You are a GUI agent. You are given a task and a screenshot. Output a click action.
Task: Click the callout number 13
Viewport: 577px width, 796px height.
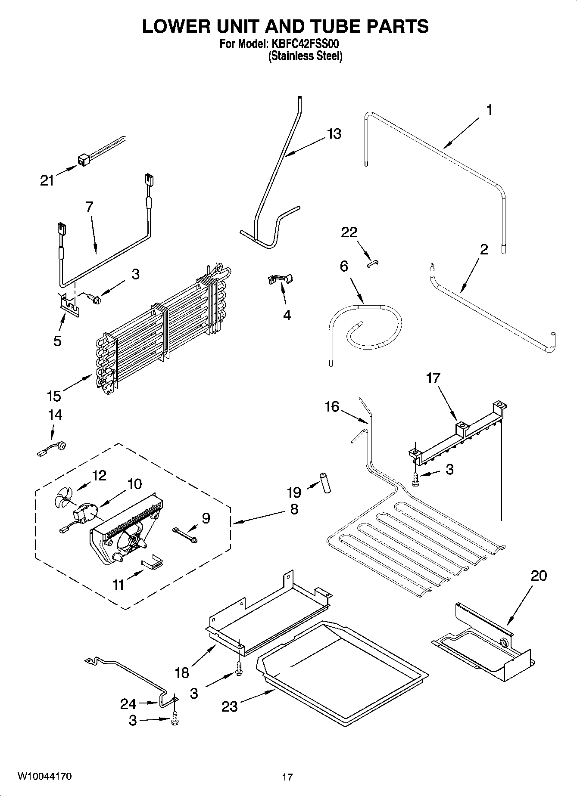click(334, 134)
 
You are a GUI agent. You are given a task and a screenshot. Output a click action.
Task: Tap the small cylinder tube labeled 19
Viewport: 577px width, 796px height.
click(325, 483)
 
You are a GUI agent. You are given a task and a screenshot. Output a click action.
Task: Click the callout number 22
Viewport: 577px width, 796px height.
click(349, 232)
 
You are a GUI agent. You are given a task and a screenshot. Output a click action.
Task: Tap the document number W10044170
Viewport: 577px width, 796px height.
click(44, 777)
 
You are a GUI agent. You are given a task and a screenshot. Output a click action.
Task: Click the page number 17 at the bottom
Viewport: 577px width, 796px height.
click(287, 777)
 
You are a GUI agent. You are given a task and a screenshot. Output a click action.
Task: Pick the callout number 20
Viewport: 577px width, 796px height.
click(538, 576)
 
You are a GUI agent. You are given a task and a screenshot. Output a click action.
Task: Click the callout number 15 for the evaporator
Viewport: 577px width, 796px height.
click(54, 395)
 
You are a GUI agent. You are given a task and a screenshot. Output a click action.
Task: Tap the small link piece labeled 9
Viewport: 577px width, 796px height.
click(184, 534)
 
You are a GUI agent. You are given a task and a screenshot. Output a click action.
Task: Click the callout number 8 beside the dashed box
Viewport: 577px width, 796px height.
click(294, 509)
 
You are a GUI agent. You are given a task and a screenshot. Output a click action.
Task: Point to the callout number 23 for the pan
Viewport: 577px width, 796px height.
click(229, 706)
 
